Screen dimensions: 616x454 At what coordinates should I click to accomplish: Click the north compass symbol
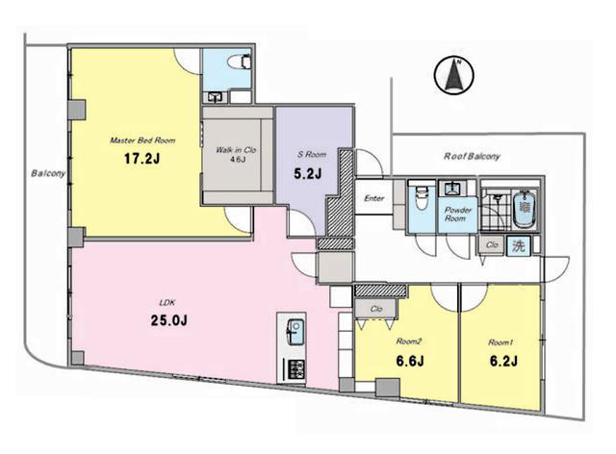(453, 75)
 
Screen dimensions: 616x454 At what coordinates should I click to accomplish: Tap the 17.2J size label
(141, 159)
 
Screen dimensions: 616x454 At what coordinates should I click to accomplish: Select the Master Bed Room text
(142, 140)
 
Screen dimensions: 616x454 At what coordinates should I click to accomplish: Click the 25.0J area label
(169, 320)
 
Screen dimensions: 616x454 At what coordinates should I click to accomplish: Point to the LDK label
(167, 302)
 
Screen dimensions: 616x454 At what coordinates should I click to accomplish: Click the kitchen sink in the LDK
(295, 332)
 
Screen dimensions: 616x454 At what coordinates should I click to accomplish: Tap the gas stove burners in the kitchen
(296, 369)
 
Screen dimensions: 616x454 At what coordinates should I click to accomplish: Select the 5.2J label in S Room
(308, 173)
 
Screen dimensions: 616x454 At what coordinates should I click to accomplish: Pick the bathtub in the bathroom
(524, 208)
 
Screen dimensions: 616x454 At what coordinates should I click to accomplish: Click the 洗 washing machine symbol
(518, 246)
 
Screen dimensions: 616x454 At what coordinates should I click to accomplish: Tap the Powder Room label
(458, 214)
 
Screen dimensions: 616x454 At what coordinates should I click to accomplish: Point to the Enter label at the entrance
(374, 198)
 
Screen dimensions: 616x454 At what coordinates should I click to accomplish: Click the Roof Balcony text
(472, 157)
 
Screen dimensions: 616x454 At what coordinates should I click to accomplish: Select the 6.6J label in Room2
(410, 361)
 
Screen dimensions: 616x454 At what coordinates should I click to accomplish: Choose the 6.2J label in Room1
(503, 361)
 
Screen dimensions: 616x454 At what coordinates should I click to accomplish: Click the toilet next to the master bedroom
(240, 62)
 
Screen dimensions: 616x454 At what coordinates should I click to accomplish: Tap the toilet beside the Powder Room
(422, 198)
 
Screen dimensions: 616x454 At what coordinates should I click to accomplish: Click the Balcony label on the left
(48, 173)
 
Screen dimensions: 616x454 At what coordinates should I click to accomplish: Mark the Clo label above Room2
(376, 309)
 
